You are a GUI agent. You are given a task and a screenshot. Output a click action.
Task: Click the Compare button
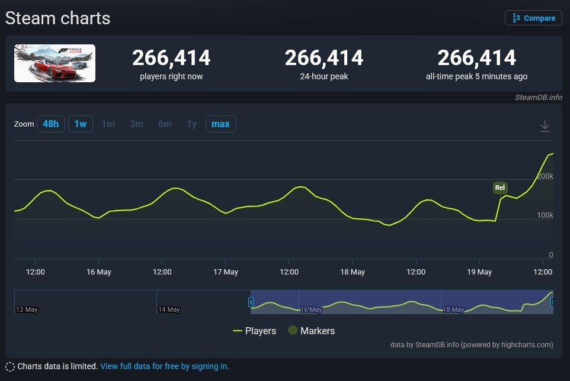tap(533, 18)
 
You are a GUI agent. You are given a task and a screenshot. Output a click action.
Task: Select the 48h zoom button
tap(51, 124)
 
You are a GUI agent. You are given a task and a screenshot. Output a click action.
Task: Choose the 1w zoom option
tap(81, 124)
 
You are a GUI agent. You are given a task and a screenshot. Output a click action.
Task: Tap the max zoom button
tap(220, 124)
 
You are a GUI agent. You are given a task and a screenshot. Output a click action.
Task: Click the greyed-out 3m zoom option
tap(137, 124)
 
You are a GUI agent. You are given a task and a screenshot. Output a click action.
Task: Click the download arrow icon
tap(545, 126)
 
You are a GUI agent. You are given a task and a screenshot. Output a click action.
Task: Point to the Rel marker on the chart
tap(500, 188)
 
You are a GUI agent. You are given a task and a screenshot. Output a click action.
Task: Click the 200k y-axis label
tap(545, 176)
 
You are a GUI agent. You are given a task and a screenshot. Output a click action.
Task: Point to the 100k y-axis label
tap(545, 215)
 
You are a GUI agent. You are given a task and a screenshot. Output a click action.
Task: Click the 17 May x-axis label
tap(226, 272)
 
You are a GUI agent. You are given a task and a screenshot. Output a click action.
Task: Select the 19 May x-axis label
tap(479, 272)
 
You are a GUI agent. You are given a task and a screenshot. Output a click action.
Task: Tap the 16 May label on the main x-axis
tap(99, 272)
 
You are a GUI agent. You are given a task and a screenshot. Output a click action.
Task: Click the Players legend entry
tap(254, 331)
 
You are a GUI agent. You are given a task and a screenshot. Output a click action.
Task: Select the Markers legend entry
tap(312, 331)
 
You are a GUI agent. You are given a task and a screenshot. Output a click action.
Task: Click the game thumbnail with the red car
tap(55, 63)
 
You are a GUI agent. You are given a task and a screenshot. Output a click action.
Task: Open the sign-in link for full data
tap(165, 366)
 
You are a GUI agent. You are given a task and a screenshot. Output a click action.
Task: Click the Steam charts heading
tap(57, 18)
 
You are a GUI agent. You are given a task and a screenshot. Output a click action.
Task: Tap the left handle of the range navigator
tap(251, 302)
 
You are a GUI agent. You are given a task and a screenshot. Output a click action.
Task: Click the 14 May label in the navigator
tap(169, 309)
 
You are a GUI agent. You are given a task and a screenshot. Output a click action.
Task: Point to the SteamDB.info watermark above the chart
tap(539, 97)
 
